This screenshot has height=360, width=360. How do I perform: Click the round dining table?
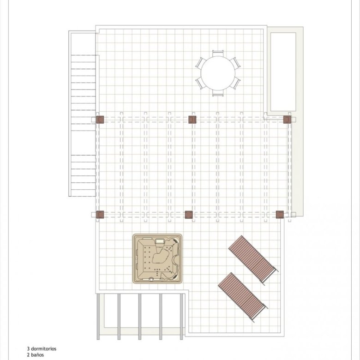(x=218, y=73)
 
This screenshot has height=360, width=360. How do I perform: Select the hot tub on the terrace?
(x=157, y=258)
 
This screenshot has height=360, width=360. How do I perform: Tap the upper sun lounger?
(x=253, y=260)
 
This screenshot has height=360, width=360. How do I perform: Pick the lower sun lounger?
(x=243, y=297)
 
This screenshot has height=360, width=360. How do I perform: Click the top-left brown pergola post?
(x=100, y=120)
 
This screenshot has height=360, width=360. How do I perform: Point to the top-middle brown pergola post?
(x=192, y=120)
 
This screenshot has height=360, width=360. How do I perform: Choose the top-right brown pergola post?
(x=287, y=120)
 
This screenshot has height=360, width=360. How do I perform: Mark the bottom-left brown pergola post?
(x=100, y=215)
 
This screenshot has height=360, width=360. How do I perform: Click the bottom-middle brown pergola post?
(x=189, y=215)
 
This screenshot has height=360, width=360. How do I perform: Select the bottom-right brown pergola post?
(x=280, y=215)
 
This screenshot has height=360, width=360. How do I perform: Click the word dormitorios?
(x=44, y=349)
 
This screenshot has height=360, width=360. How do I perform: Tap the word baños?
(x=37, y=355)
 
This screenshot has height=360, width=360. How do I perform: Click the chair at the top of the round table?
(x=218, y=53)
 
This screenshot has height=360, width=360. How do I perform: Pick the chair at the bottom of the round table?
(x=218, y=93)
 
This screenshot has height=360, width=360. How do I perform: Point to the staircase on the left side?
(x=83, y=126)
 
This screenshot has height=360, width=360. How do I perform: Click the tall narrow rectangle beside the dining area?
(x=283, y=72)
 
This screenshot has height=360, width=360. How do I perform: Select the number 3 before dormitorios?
(x=28, y=349)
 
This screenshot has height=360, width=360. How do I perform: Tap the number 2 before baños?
(x=28, y=355)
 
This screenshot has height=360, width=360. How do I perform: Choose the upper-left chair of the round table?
(x=200, y=63)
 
